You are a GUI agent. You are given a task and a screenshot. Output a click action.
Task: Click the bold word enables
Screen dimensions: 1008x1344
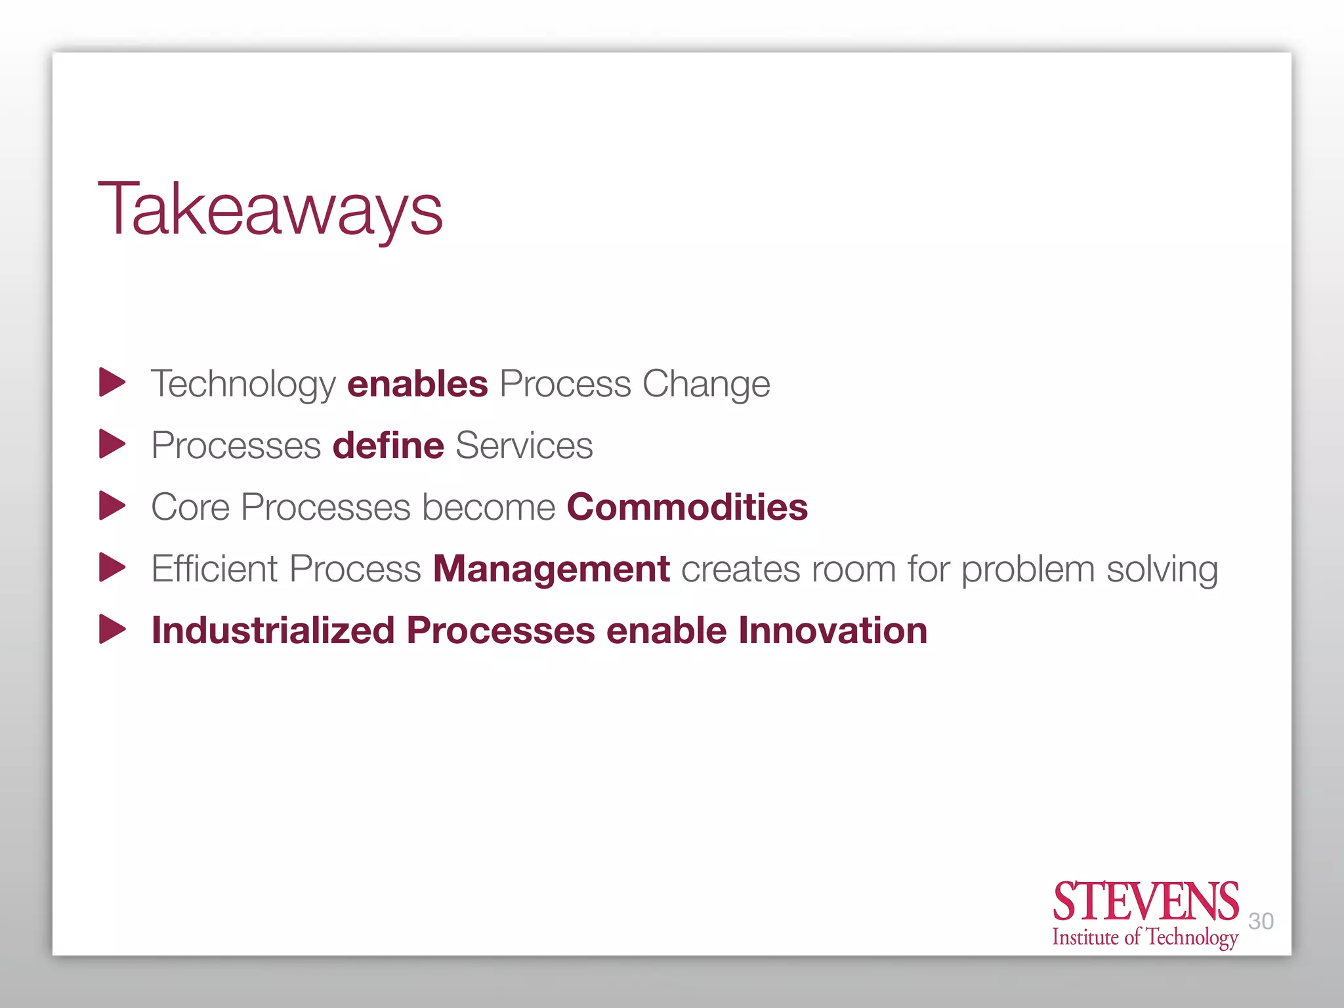417,384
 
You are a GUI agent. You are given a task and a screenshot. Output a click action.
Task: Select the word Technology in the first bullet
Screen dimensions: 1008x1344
243,384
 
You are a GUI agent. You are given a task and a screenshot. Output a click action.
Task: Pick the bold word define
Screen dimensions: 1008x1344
388,446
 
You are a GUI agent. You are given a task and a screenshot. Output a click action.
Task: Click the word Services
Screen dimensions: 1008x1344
524,446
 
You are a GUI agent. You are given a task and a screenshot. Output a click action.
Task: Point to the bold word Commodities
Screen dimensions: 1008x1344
687,507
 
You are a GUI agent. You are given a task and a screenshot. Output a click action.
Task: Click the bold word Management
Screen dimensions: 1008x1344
551,569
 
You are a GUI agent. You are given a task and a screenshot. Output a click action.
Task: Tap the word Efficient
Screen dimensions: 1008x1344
215,569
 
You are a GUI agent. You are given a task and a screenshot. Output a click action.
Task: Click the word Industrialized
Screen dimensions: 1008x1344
273,631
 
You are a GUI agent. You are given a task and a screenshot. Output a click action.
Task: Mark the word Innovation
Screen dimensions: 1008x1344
833,631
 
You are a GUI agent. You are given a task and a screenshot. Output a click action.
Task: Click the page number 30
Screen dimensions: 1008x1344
1261,921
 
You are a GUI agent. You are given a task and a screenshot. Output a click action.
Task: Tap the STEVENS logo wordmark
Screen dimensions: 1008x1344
1145,902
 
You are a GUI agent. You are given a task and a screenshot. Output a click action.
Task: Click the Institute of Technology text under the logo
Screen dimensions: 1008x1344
1145,937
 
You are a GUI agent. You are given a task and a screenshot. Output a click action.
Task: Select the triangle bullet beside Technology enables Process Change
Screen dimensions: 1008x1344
112,382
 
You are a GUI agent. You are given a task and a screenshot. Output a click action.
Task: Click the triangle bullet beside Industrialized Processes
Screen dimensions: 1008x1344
112,629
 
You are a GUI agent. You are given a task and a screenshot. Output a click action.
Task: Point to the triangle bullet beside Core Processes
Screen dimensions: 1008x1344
112,505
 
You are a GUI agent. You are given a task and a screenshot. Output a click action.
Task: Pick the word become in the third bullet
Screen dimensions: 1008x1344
489,507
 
